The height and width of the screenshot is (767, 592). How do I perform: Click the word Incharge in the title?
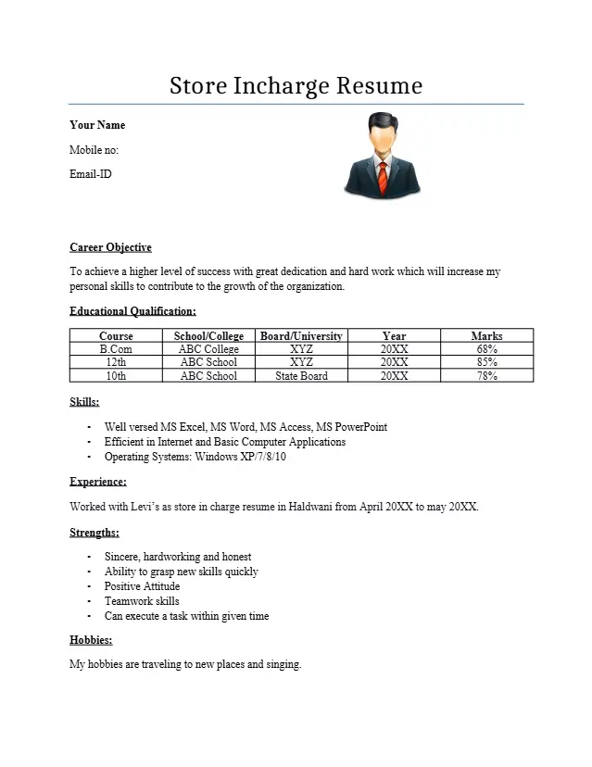282,86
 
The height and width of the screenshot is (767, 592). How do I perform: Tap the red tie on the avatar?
382,177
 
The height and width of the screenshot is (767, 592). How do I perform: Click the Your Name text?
97,125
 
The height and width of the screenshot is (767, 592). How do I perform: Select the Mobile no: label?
94,150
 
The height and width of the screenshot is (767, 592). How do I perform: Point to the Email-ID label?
91,174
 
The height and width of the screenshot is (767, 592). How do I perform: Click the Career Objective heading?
110,247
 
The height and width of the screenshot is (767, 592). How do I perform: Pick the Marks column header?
486,336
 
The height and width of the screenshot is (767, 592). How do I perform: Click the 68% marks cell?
486,349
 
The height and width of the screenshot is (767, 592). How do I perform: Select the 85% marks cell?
486,362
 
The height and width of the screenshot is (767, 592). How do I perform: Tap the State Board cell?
301,376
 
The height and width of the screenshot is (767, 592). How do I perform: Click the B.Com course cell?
116,349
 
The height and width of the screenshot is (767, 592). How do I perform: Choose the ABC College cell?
208,349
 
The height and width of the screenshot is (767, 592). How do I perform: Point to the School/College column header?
208,336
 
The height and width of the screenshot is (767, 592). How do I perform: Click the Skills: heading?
84,402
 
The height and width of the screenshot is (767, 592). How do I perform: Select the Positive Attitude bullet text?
142,586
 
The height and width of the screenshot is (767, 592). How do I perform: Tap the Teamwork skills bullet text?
142,601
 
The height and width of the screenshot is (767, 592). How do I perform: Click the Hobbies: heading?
91,640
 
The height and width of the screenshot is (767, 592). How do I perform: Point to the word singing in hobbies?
283,664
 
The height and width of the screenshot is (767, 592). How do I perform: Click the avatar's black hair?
381,120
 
